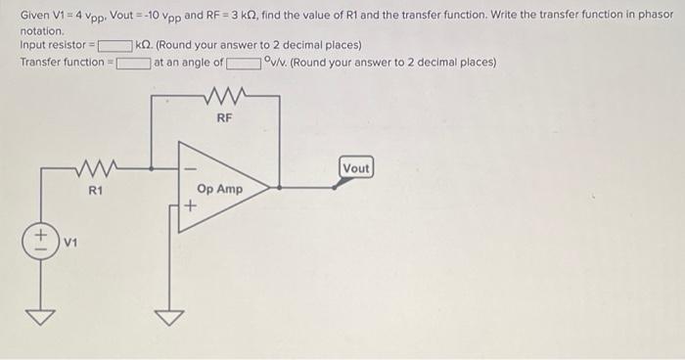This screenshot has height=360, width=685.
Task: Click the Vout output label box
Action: coord(356,168)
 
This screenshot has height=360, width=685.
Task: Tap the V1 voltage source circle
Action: coord(43,239)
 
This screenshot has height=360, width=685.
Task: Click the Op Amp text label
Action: coord(219,189)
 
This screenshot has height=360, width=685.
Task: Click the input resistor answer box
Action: coord(114,46)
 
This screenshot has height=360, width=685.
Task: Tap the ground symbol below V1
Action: coord(43,316)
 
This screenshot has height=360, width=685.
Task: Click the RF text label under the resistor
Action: coord(224,116)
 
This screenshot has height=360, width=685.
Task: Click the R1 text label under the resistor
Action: coord(95,189)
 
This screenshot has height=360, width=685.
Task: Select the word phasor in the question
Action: coord(654,16)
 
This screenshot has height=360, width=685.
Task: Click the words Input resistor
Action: coord(55,46)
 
